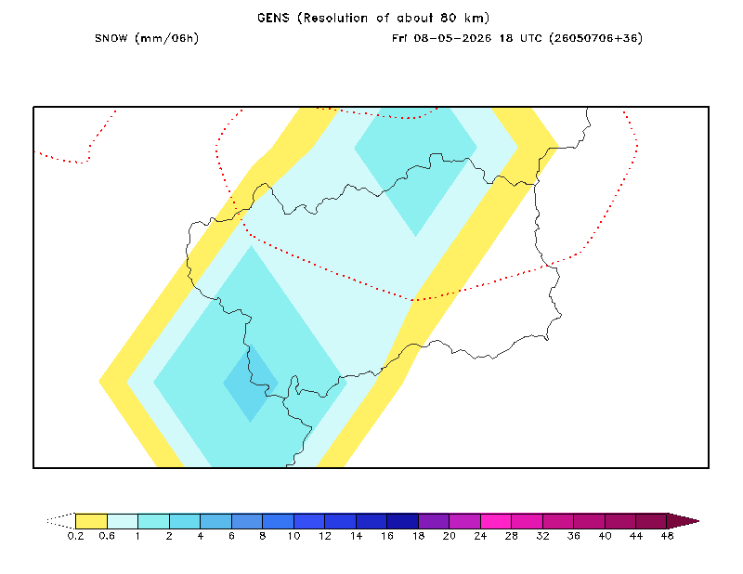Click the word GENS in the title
pyautogui.click(x=273, y=18)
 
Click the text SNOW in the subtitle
pyautogui.click(x=111, y=38)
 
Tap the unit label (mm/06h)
pyautogui.click(x=166, y=38)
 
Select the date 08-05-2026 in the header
pyautogui.click(x=452, y=38)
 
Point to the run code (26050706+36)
pyautogui.click(x=595, y=38)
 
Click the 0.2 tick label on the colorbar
pyautogui.click(x=75, y=536)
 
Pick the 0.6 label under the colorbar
pyautogui.click(x=107, y=536)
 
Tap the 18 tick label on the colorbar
pyautogui.click(x=418, y=536)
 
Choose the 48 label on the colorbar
pyautogui.click(x=667, y=536)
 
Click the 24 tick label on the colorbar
pyautogui.click(x=480, y=536)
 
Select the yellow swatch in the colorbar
pyautogui.click(x=91, y=521)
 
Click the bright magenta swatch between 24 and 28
pyautogui.click(x=496, y=521)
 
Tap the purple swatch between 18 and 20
pyautogui.click(x=434, y=521)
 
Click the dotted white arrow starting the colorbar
pyautogui.click(x=62, y=521)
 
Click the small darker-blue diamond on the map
pyautogui.click(x=251, y=383)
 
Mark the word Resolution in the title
pyautogui.click(x=335, y=18)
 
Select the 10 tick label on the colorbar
pyautogui.click(x=293, y=536)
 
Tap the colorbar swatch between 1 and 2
pyautogui.click(x=153, y=521)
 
